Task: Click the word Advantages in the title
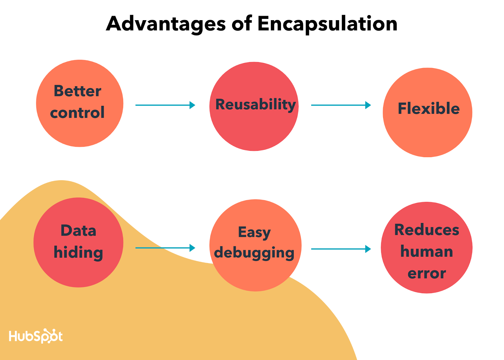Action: tap(166, 24)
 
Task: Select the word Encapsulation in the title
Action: tap(328, 25)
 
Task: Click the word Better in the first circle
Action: tap(77, 91)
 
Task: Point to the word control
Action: tap(77, 112)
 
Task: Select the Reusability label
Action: tap(255, 105)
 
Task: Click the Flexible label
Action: tap(429, 108)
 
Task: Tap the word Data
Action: tap(78, 231)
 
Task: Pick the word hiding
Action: tap(78, 253)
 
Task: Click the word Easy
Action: tap(254, 233)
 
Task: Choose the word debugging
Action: tap(254, 253)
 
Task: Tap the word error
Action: tap(427, 274)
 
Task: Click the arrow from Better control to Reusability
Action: tap(165, 105)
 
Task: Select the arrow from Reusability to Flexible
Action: tap(341, 105)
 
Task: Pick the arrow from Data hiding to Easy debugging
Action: tap(165, 248)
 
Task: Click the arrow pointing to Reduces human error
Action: tap(341, 249)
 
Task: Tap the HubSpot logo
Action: tap(36, 336)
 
